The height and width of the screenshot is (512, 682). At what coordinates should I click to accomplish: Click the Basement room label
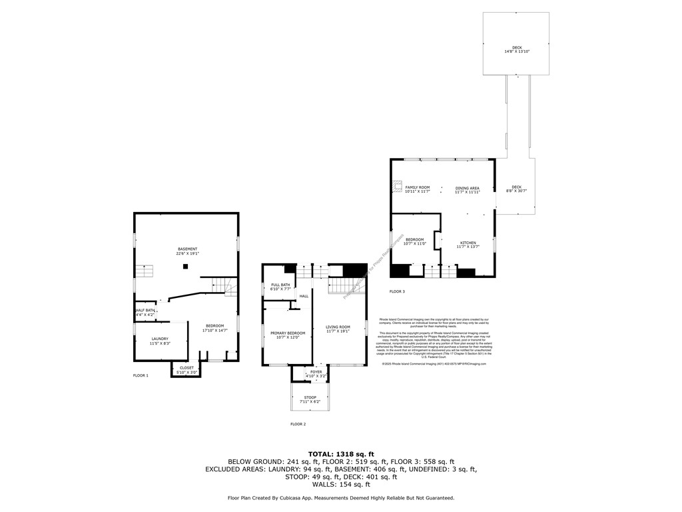tap(187, 251)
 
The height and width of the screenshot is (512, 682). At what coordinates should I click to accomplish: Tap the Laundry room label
tap(160, 341)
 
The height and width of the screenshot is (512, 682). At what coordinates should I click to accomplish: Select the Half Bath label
tap(145, 312)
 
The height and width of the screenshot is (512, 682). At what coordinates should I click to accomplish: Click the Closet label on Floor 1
tap(186, 369)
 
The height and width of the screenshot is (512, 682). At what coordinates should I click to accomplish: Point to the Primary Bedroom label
tap(288, 335)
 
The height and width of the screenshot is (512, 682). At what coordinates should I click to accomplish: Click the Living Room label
tap(338, 329)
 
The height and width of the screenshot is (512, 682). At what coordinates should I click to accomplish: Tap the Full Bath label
tap(279, 287)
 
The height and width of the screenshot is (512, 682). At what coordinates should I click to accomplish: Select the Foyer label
tap(316, 374)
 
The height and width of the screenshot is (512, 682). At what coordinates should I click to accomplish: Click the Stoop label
tap(310, 399)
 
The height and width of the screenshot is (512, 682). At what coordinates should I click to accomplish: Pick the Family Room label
tap(418, 189)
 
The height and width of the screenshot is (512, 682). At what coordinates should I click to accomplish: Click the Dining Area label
tap(468, 190)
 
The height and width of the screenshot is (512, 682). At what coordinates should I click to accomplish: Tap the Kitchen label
tap(467, 245)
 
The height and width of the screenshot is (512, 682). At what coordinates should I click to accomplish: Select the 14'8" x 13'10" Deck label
tap(517, 49)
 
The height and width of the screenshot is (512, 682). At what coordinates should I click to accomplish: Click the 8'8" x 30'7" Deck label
tap(516, 189)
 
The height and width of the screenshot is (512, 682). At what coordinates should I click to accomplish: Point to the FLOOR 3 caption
tap(397, 291)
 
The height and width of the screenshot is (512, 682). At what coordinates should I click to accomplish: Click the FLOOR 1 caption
tap(141, 376)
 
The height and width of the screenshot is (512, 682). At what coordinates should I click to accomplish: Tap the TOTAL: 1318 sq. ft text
tap(340, 453)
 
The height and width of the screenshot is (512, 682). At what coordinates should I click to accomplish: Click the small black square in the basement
tap(186, 267)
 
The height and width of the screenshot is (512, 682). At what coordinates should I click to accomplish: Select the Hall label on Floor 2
tap(303, 296)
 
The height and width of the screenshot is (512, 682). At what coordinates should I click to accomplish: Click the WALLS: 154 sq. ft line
tap(340, 485)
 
